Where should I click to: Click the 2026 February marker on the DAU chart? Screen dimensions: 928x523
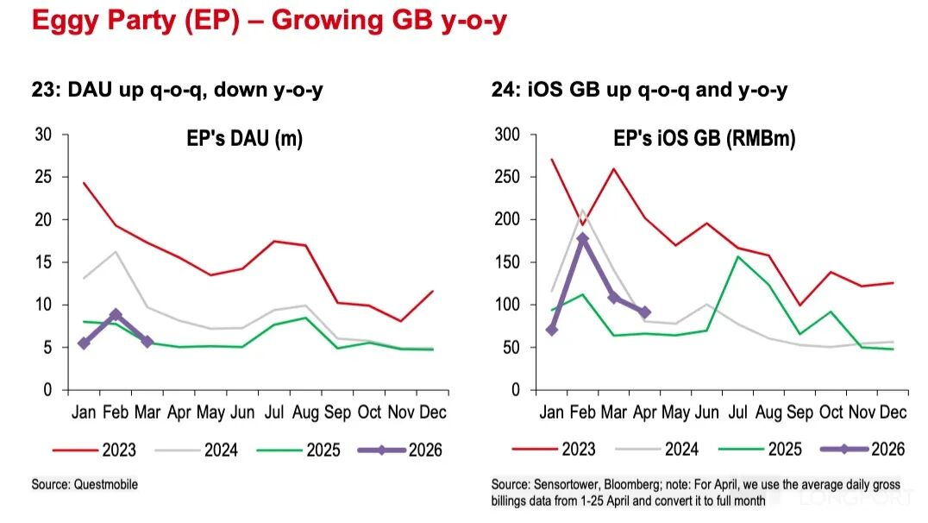pos(116,314)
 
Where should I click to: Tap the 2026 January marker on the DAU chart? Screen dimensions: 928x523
pos(84,343)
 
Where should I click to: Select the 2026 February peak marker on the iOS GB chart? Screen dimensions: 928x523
pos(583,238)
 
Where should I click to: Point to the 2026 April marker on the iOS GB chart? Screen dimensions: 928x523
pos(645,312)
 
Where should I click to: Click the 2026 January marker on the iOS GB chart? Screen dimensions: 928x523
pos(552,330)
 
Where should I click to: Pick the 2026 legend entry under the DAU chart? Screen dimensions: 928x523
pos(400,451)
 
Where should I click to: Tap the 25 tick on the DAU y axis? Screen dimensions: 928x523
pos(43,177)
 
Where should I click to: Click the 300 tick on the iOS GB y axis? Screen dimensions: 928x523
pos(507,135)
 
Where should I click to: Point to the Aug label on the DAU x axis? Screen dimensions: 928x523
pos(305,413)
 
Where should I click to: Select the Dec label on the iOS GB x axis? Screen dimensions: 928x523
pos(893,413)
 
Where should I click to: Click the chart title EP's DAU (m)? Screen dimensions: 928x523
pos(244,139)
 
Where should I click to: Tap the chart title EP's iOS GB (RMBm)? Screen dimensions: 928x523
pos(705,139)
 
